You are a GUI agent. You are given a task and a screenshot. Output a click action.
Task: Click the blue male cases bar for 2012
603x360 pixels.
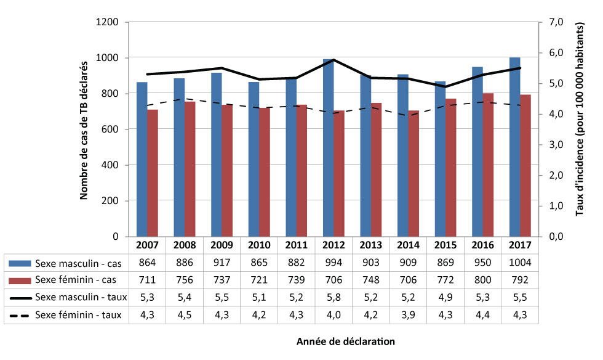point(328,148)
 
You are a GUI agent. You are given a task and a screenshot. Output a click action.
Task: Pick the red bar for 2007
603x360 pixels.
point(153,173)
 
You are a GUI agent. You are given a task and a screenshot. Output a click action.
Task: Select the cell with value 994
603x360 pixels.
point(333,263)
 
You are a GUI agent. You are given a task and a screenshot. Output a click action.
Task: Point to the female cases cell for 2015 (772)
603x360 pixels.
point(445,280)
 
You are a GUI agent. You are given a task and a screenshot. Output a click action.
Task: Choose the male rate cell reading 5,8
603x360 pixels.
point(333,297)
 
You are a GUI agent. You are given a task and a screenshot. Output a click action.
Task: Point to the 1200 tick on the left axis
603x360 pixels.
point(110,22)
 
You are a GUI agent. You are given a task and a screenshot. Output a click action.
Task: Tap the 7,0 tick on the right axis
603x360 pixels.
point(554,22)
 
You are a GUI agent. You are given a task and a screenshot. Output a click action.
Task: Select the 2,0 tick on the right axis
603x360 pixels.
point(554,175)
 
